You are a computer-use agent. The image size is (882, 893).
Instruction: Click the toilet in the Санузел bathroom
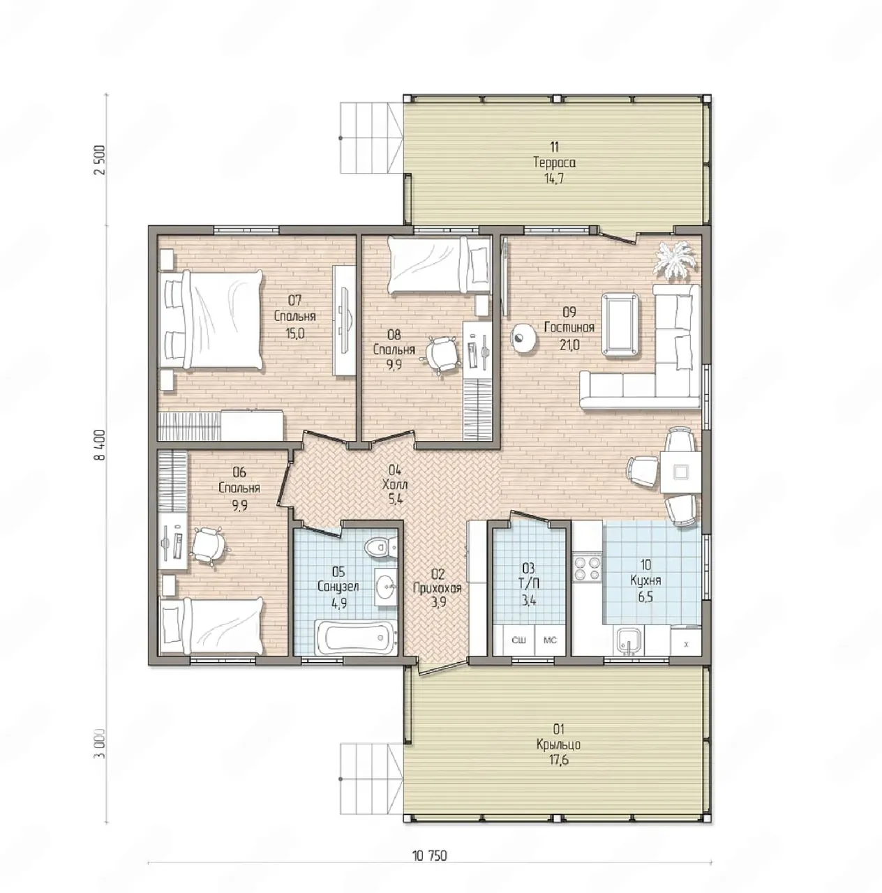pos(380,547)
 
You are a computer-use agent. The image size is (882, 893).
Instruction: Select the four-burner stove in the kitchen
pos(587,568)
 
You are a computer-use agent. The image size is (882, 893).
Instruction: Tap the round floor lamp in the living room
pos(524,336)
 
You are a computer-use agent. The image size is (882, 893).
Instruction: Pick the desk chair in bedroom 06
pos(207,546)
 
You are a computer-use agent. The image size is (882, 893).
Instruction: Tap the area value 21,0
pos(569,345)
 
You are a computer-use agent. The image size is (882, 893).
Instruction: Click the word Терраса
pos(554,163)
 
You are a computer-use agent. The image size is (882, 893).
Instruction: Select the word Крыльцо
pos(558,744)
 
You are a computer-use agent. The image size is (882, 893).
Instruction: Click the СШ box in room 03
pos(518,640)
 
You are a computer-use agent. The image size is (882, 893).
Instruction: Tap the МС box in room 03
pos(550,640)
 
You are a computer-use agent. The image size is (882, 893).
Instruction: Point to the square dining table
pos(680,472)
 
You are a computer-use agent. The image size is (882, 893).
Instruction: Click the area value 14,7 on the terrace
pos(554,179)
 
